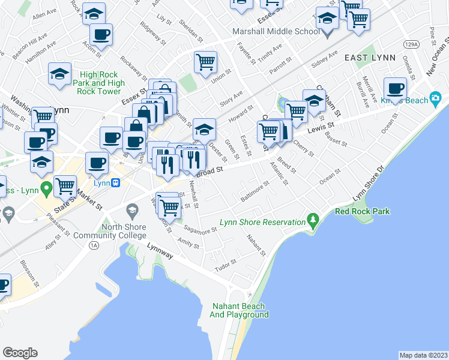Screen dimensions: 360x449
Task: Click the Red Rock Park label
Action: tap(362, 211)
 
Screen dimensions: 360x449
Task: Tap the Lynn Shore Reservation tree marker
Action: tap(312, 220)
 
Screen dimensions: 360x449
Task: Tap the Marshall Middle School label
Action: tap(276, 31)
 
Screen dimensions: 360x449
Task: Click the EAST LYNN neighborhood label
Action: tap(370, 58)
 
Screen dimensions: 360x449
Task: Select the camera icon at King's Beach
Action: tap(436, 98)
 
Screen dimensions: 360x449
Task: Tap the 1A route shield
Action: tap(93, 245)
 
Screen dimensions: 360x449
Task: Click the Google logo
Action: tap(20, 352)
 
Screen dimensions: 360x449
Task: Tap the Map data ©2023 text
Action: tap(423, 355)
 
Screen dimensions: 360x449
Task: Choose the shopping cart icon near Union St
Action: tap(205, 61)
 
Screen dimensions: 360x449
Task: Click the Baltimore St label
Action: tap(255, 192)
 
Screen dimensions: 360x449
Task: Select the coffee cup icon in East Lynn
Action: tap(395, 88)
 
